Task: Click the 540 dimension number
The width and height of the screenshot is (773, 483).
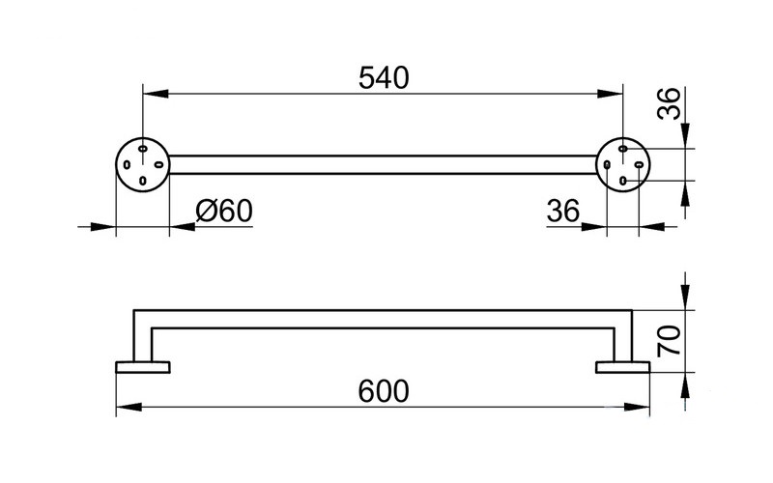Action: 383,77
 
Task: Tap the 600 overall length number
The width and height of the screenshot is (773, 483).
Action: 384,391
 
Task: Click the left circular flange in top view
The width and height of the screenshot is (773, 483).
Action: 142,164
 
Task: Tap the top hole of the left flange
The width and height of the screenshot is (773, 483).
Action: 142,149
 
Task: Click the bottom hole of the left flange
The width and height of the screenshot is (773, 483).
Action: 142,181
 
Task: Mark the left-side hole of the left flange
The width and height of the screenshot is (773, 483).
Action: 127,165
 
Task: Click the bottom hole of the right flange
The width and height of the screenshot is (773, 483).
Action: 623,180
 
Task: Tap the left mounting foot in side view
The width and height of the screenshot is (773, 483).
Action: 143,365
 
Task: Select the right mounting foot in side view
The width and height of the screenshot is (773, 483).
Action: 623,365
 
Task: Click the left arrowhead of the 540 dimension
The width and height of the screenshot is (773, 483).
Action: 152,94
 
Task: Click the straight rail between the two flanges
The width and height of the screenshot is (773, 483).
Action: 383,164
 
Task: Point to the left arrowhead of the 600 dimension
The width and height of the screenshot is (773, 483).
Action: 126,407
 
